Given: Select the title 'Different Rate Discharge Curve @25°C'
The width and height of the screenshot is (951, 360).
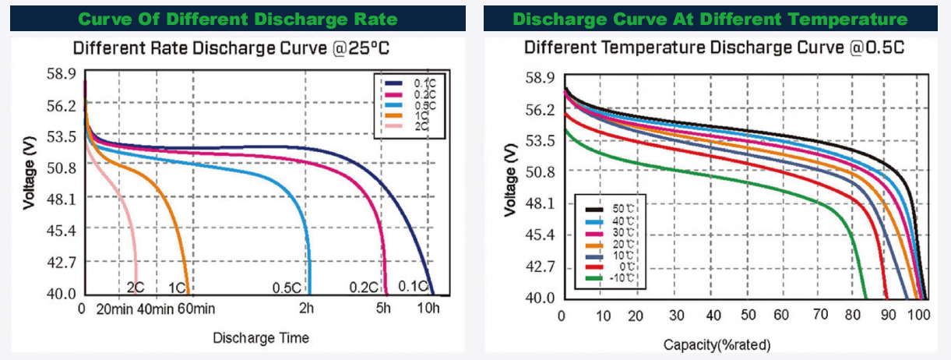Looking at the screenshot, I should tap(231, 49).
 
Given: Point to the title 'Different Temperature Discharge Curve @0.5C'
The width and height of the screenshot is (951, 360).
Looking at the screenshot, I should tap(713, 48).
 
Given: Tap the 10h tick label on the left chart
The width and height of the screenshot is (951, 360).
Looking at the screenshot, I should tap(429, 309).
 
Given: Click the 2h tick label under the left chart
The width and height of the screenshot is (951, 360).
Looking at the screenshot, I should tap(307, 309).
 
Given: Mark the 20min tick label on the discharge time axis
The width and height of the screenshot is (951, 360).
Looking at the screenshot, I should tap(113, 309).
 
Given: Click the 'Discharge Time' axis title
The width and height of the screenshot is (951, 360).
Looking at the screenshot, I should tap(261, 337).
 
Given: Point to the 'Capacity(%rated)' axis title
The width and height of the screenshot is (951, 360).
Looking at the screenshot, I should tap(717, 344).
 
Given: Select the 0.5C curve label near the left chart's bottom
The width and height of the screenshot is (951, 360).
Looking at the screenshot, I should tap(287, 288).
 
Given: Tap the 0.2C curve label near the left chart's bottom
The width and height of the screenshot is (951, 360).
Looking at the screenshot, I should tap(363, 288).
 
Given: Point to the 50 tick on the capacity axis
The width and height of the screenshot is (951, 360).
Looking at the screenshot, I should tap(749, 316).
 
